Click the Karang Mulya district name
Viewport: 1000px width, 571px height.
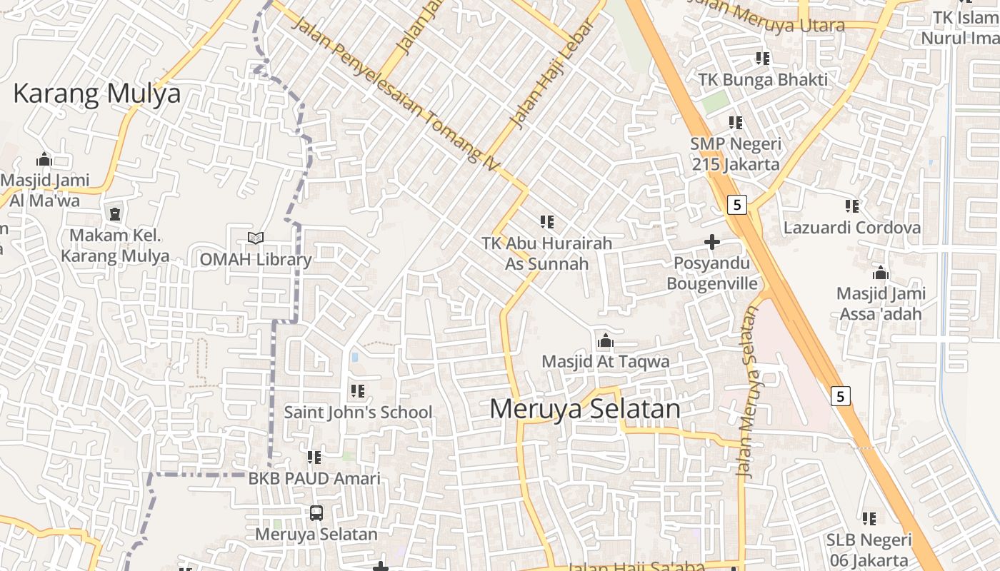pos(97,94)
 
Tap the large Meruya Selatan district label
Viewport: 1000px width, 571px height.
pos(585,409)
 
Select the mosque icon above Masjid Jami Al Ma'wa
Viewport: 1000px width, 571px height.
pos(44,159)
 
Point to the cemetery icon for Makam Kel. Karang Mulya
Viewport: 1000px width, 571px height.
pos(114,213)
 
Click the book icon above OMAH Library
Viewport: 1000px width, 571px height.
pos(255,238)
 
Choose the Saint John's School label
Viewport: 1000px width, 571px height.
pos(358,412)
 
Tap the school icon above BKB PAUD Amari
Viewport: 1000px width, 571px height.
pos(314,457)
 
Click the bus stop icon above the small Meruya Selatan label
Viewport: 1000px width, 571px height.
pos(316,512)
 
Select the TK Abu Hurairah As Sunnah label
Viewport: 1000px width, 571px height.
pos(547,253)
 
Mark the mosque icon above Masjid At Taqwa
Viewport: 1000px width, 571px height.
pos(606,340)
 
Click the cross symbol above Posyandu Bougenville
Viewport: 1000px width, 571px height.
pos(711,243)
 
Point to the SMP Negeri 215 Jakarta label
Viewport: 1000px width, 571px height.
pos(735,153)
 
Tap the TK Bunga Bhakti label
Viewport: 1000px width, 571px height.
pos(763,79)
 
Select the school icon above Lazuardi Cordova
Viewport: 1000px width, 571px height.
pos(852,206)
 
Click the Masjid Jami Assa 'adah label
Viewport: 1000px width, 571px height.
pos(881,303)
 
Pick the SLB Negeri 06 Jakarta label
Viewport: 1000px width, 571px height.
pos(869,550)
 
